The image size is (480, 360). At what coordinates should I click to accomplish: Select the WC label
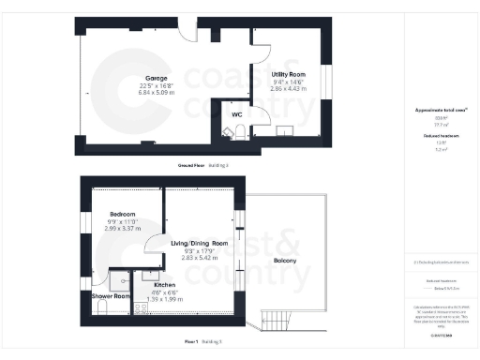click(x=237, y=114)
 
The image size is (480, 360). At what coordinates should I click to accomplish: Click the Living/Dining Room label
click(x=199, y=243)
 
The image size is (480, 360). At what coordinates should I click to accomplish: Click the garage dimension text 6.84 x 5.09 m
click(x=155, y=94)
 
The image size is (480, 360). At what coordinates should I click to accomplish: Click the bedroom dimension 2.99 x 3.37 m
click(x=122, y=228)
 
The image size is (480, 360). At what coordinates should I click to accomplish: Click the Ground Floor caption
click(x=192, y=165)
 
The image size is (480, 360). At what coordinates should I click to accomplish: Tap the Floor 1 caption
click(x=192, y=342)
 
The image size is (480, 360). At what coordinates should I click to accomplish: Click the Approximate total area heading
click(x=434, y=110)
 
